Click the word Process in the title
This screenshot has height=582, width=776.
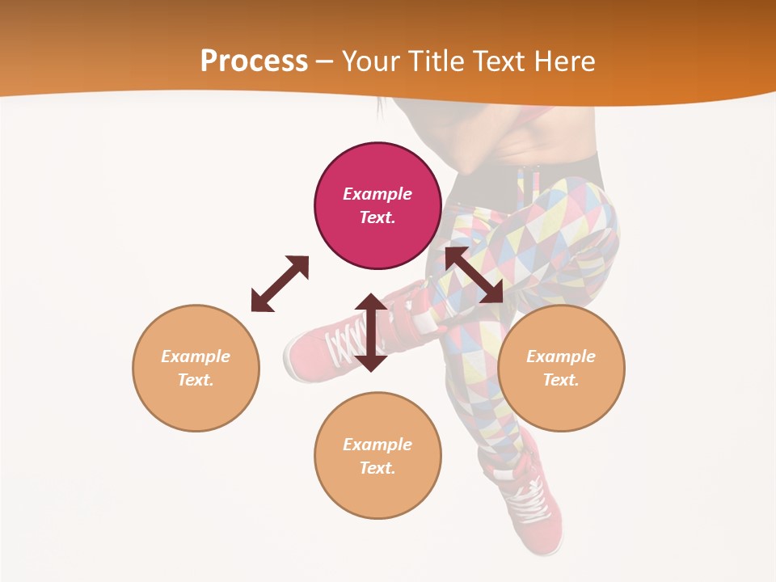click(x=254, y=61)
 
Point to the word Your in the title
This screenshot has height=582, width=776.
click(x=373, y=61)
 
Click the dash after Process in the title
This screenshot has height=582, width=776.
click(x=324, y=62)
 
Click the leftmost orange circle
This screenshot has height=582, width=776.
click(x=196, y=368)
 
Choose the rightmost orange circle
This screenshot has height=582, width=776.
click(x=561, y=368)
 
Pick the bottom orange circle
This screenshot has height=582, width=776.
click(x=377, y=455)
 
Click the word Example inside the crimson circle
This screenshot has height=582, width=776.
click(x=377, y=194)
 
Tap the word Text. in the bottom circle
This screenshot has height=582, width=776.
click(x=377, y=468)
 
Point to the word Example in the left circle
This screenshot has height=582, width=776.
click(x=196, y=356)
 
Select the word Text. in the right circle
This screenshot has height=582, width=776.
click(x=561, y=380)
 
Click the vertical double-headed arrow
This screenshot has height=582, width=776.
click(x=371, y=332)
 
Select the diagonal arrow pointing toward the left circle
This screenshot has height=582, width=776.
click(x=280, y=284)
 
